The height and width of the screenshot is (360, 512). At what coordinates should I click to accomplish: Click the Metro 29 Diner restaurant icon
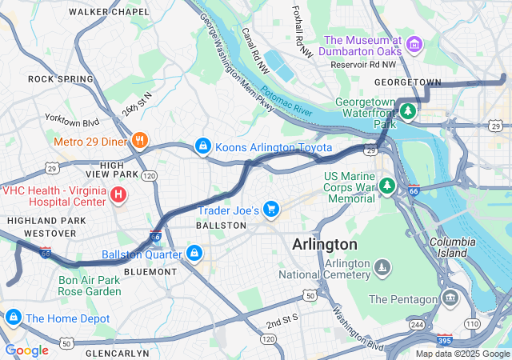(140, 142)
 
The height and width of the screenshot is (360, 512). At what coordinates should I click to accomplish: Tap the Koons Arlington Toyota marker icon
(204, 147)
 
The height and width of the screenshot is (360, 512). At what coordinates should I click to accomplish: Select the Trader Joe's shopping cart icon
(271, 210)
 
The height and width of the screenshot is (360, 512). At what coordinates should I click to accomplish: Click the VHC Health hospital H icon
(118, 193)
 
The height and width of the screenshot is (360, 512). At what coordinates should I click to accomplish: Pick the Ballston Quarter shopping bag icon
(193, 254)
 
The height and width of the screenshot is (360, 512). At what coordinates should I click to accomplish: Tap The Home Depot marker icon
(13, 318)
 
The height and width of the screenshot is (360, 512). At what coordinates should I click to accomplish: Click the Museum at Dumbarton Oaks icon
(414, 44)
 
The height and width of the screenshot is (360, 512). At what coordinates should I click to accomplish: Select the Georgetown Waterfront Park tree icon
(408, 110)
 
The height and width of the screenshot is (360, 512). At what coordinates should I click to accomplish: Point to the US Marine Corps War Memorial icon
(387, 186)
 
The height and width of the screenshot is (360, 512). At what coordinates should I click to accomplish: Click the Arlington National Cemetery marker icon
(384, 266)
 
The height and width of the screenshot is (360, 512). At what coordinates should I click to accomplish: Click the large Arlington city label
(324, 243)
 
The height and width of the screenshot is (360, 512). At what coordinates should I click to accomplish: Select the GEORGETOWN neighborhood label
(408, 82)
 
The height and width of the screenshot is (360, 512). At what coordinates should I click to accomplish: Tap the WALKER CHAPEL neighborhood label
(109, 12)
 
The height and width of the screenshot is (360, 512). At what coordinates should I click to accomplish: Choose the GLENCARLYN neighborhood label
(117, 353)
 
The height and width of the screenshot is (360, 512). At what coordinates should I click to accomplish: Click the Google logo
(26, 350)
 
